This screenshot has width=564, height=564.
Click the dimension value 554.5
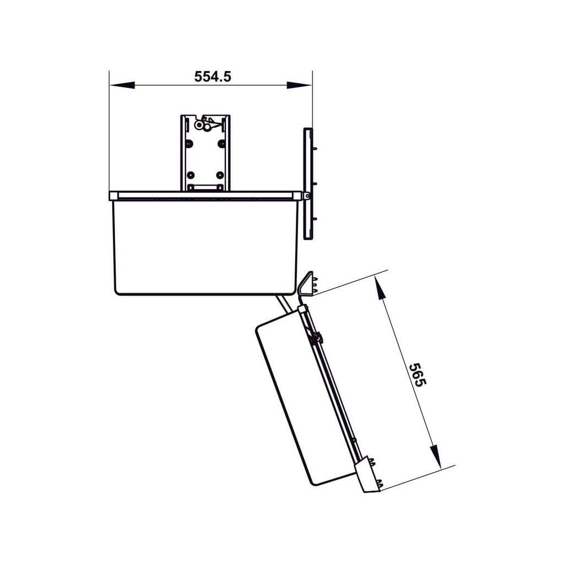pos(213,77)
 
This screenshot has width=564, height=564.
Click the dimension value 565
pos(417,375)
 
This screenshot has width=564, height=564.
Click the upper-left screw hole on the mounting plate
pos(189,143)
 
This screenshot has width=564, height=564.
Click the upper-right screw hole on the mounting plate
pos(221,143)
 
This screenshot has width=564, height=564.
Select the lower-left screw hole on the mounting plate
pos(190,175)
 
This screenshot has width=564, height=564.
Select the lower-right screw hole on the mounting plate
pos(220,175)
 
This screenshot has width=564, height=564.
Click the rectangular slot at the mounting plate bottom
pos(205,188)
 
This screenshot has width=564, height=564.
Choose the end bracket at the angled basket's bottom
pos(367,475)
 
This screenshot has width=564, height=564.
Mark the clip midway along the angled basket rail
pos(315,338)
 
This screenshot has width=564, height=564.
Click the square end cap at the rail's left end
pos(113,196)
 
